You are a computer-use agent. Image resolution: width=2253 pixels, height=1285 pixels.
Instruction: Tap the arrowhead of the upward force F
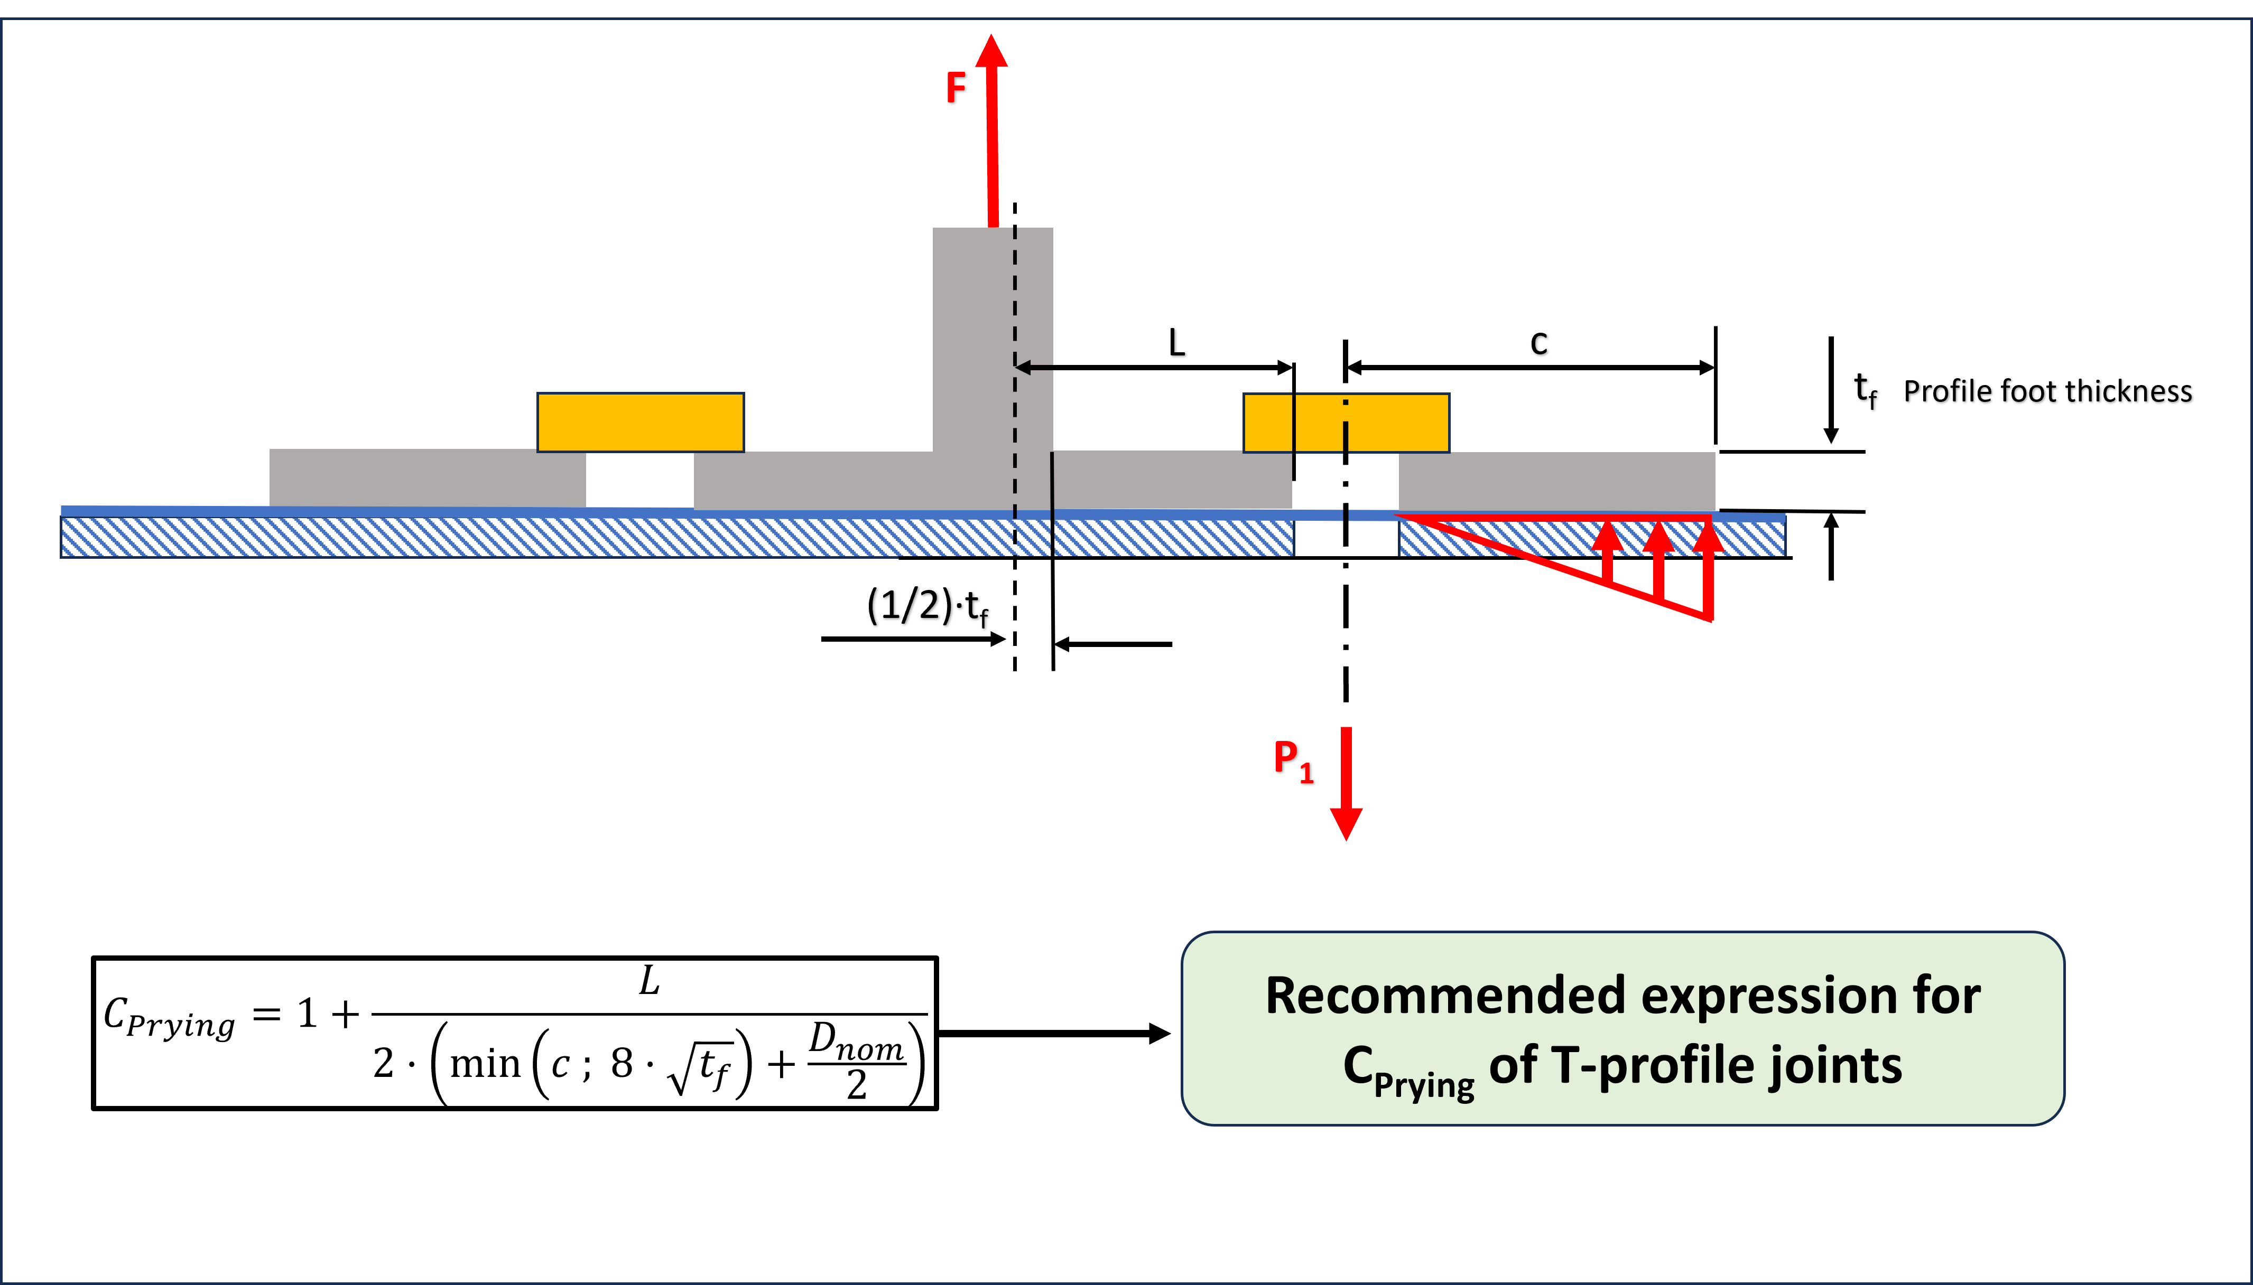coord(991,51)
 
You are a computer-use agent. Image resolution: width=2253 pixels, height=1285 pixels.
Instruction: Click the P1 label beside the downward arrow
coord(1293,761)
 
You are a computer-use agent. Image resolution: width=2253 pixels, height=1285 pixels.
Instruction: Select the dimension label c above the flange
coord(1539,343)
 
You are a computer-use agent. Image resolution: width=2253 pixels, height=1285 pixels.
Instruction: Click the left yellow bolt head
coord(640,423)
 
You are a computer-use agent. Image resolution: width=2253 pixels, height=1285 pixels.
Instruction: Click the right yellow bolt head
coord(1346,423)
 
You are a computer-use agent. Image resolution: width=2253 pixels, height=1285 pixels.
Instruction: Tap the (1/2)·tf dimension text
coord(927,607)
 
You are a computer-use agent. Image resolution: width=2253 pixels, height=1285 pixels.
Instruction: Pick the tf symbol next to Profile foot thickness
coord(1865,389)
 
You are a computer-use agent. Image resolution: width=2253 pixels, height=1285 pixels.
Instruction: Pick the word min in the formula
coord(485,1064)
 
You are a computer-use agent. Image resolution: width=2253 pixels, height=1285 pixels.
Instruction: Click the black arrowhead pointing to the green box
coord(1158,1034)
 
